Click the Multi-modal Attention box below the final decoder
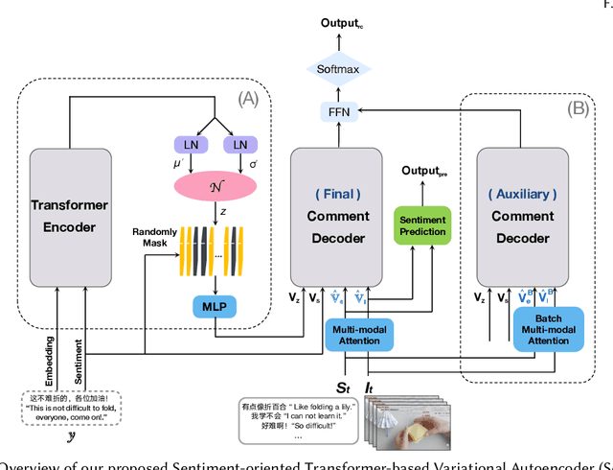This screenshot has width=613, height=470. pyautogui.click(x=356, y=331)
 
